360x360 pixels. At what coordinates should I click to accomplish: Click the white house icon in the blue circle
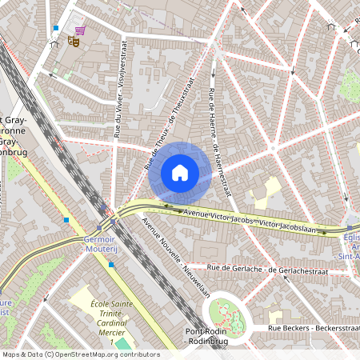point(180,173)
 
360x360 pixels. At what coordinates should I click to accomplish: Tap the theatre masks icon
point(73,38)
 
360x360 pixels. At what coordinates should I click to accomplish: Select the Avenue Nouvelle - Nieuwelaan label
point(174,257)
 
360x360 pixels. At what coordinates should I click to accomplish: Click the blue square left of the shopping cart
point(55,28)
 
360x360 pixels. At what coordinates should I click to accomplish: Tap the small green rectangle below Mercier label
point(120,344)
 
